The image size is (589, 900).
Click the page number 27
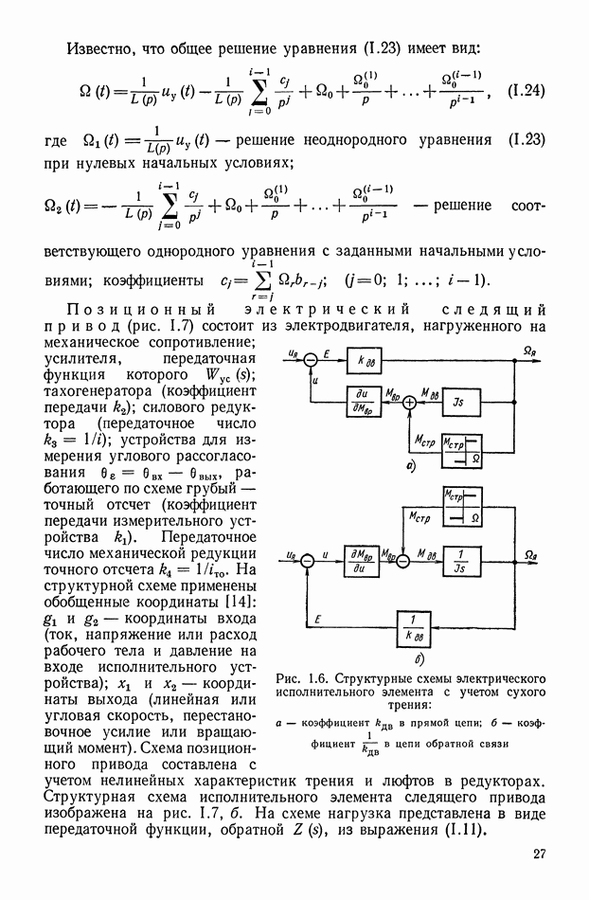[x=540, y=854]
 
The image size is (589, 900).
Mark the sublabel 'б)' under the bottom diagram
[x=417, y=657]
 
